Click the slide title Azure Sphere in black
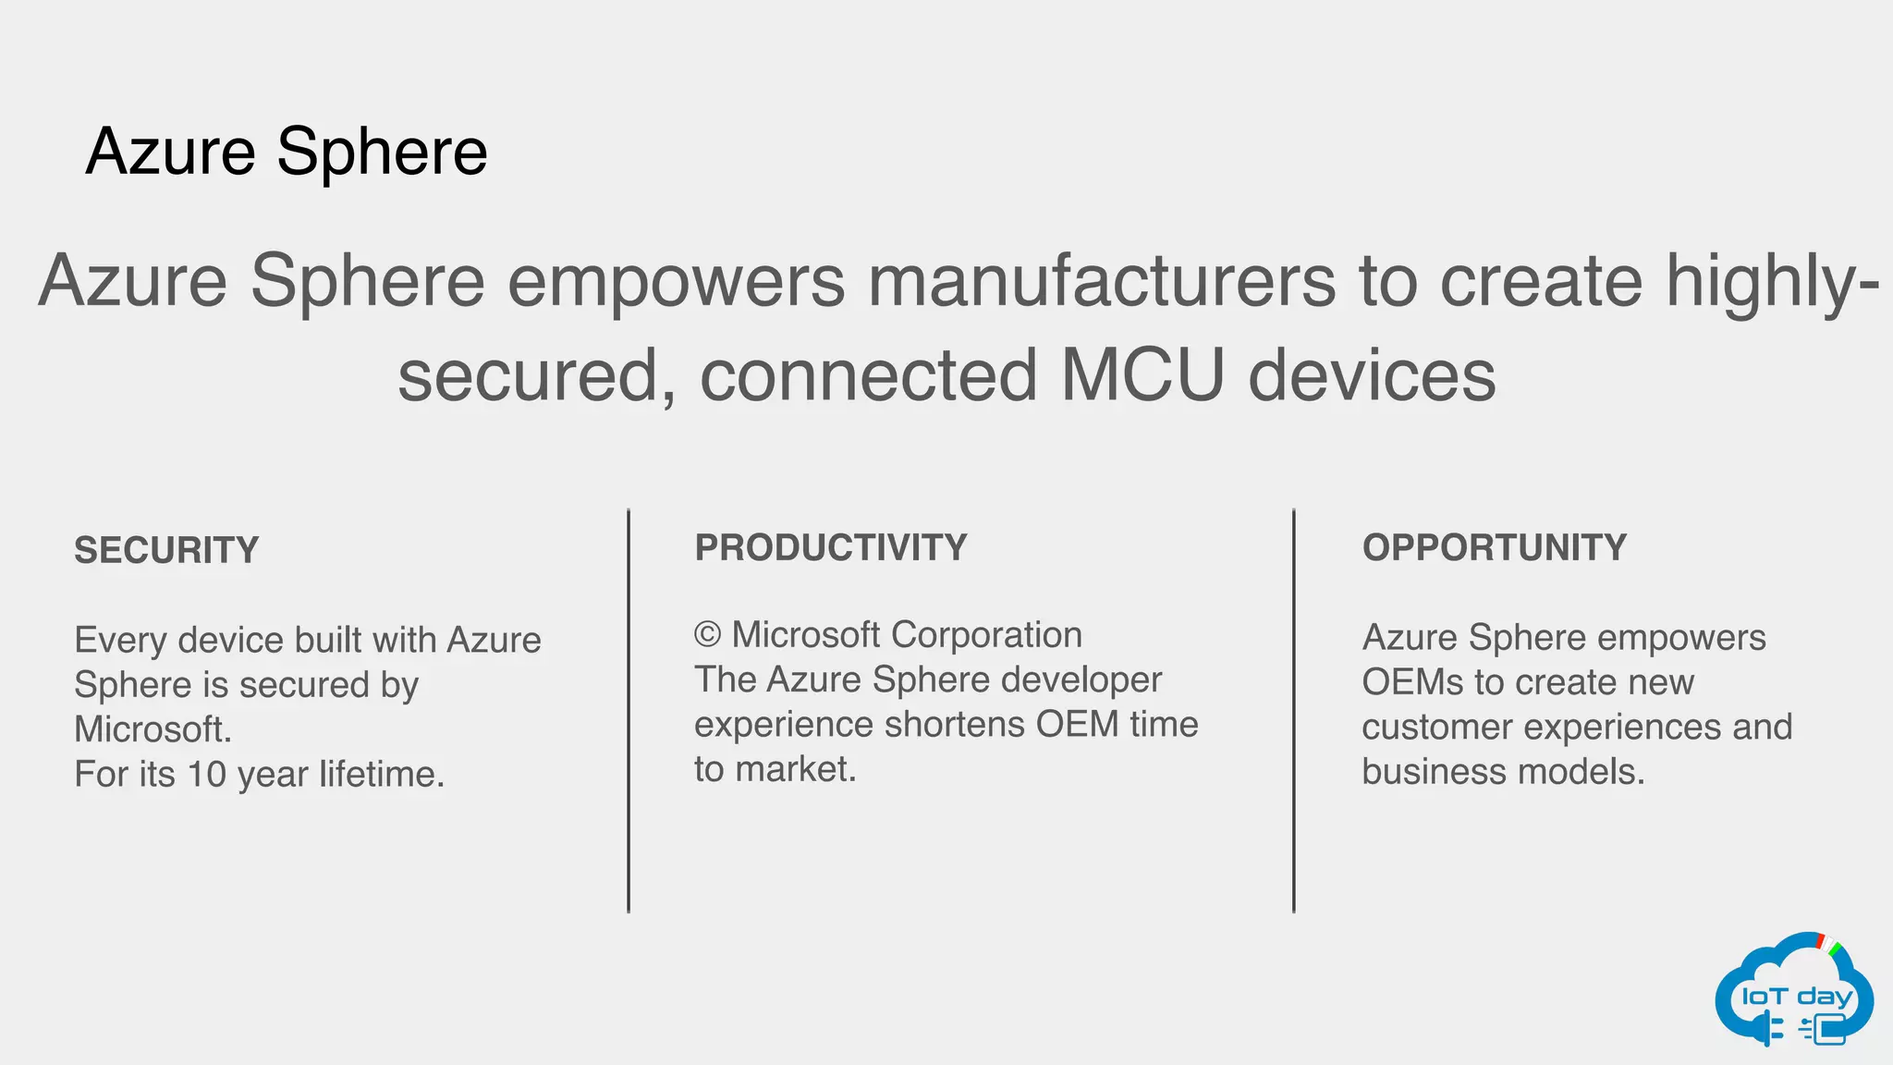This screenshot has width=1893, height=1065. [x=287, y=153]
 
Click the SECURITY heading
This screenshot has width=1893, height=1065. [x=166, y=551]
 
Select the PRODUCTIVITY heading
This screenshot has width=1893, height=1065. [x=830, y=548]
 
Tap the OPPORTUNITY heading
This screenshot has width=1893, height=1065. [x=1494, y=548]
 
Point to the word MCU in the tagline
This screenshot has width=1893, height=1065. [x=1142, y=376]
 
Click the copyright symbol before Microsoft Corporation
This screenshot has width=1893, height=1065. [x=707, y=636]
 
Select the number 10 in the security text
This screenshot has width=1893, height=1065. [x=206, y=775]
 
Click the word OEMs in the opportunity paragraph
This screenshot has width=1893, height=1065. [x=1412, y=683]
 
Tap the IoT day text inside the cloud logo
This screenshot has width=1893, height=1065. [x=1797, y=997]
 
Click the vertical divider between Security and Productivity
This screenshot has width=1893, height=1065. [x=629, y=712]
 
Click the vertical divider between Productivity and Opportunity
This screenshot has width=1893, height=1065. [x=1293, y=712]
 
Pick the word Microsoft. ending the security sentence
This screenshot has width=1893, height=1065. [x=153, y=730]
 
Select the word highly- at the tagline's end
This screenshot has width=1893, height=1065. [x=1772, y=281]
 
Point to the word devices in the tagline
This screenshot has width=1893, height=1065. [x=1372, y=376]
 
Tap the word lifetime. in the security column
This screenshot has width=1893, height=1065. [x=382, y=775]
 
